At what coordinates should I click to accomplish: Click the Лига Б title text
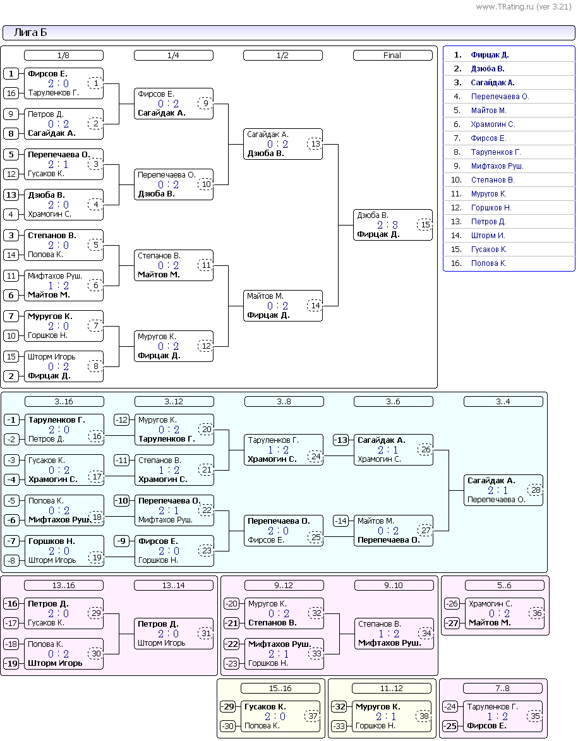click(30, 33)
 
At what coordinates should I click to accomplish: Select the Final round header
click(392, 56)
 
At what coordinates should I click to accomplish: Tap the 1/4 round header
click(174, 56)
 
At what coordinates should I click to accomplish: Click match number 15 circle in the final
click(425, 224)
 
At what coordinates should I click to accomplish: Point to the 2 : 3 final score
click(387, 225)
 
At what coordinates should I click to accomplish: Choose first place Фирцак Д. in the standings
click(490, 55)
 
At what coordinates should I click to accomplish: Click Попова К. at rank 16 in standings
click(489, 263)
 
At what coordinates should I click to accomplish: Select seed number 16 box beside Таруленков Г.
click(11, 93)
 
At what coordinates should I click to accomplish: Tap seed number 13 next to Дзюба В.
click(11, 195)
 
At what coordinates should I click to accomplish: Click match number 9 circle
click(205, 103)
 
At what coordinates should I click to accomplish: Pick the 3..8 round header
click(284, 402)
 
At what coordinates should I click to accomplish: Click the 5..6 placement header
click(504, 586)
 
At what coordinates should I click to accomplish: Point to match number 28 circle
click(536, 490)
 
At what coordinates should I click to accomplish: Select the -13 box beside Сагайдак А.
click(340, 440)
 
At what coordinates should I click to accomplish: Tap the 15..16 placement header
click(280, 689)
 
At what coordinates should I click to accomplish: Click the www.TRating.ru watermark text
click(524, 6)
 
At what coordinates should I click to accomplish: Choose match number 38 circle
click(424, 716)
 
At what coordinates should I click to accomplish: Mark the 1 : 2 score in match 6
click(58, 286)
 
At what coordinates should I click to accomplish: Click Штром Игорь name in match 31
click(161, 643)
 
